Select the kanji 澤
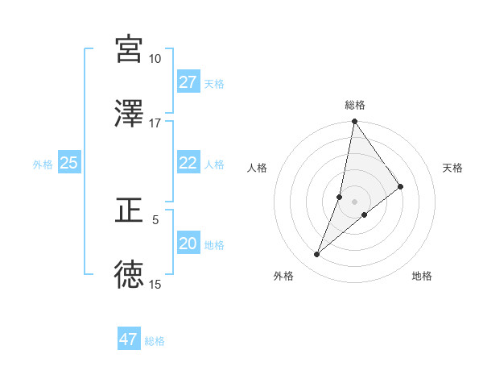(129, 114)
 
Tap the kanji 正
(129, 210)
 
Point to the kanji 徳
(129, 275)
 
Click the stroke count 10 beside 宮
(155, 59)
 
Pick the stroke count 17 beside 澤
(155, 123)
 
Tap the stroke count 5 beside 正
(156, 219)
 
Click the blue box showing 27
(188, 82)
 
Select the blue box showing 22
(188, 163)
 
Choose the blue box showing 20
(188, 244)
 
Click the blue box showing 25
(69, 163)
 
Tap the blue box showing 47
(129, 339)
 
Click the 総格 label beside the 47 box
(155, 341)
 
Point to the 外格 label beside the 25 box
(43, 165)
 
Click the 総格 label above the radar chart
(354, 105)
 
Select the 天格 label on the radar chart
(453, 168)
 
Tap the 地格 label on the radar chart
(422, 277)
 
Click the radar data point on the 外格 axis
(317, 255)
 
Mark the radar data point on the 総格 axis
(354, 123)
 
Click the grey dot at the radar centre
(354, 202)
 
